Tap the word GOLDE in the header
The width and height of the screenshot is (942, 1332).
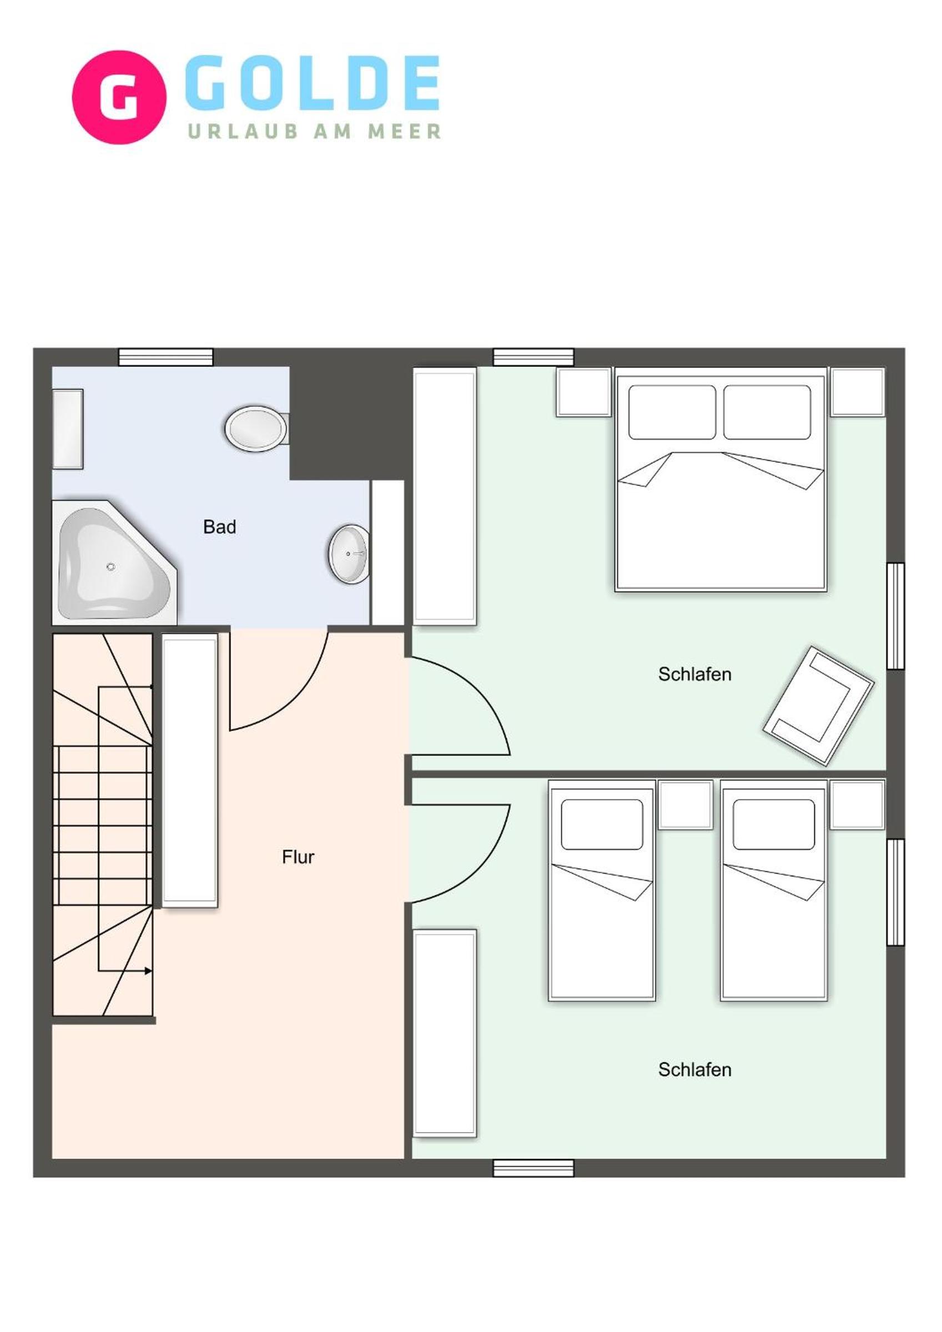click(313, 83)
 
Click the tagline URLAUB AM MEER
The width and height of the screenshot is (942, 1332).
click(314, 131)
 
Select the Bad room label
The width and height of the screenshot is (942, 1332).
click(219, 527)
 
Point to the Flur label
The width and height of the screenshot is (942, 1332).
click(298, 857)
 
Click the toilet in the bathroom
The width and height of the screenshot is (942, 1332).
click(257, 429)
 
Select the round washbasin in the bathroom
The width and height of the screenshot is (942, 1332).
click(349, 554)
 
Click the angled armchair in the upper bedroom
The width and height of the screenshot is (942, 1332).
click(818, 706)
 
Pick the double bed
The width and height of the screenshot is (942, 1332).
click(721, 479)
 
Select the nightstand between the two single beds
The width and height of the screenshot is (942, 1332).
click(686, 805)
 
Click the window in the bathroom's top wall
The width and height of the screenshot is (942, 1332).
click(166, 358)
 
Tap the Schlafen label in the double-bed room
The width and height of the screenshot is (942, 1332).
click(694, 674)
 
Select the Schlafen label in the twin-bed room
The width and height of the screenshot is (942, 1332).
click(694, 1070)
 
